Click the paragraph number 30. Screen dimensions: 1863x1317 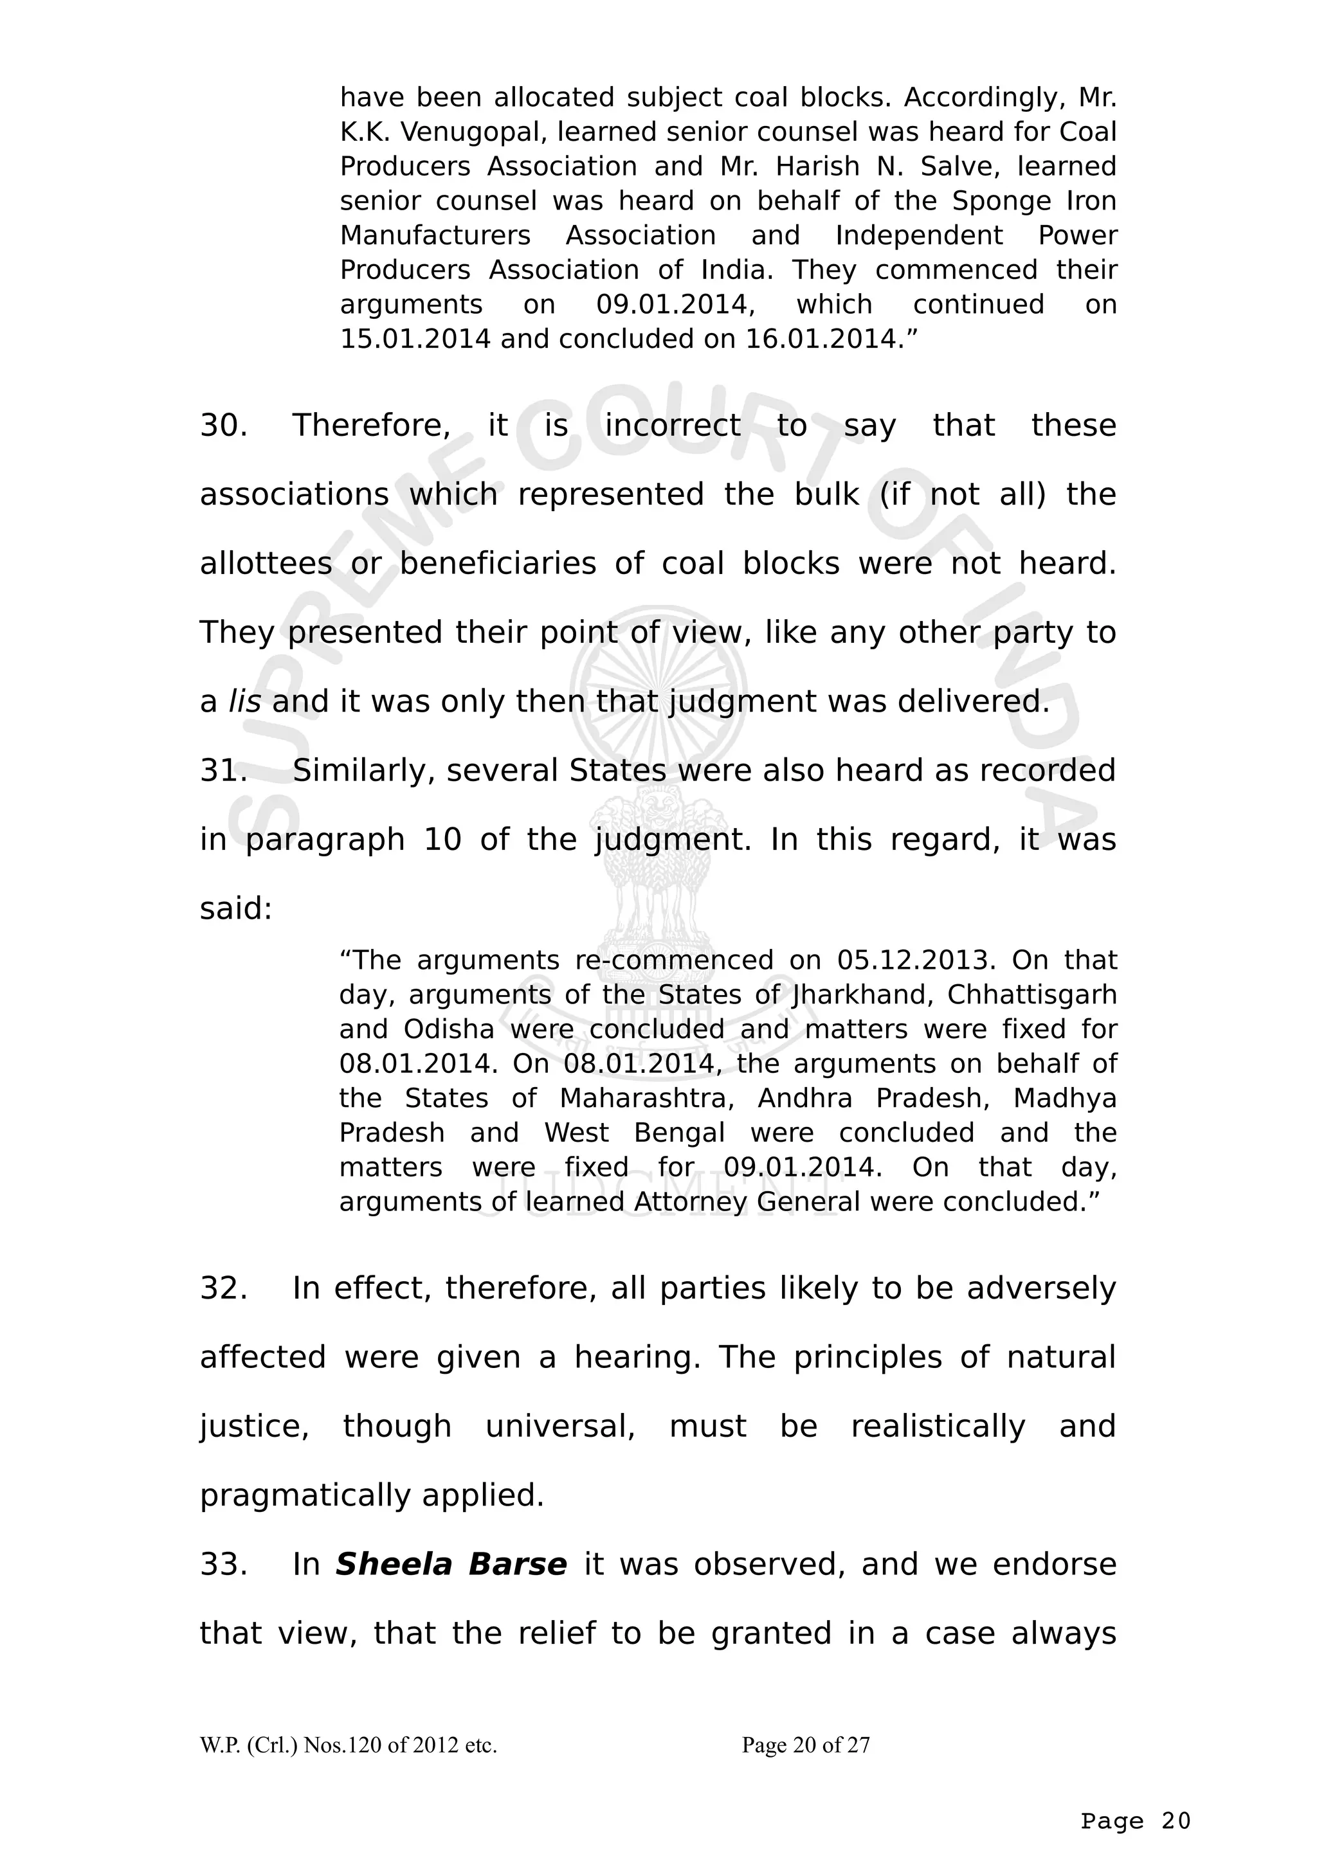223,425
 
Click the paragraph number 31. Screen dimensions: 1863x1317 223,770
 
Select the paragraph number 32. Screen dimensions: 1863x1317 223,1288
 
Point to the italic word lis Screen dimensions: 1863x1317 244,701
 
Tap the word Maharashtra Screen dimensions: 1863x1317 647,1098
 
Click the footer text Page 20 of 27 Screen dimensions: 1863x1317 805,1745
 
